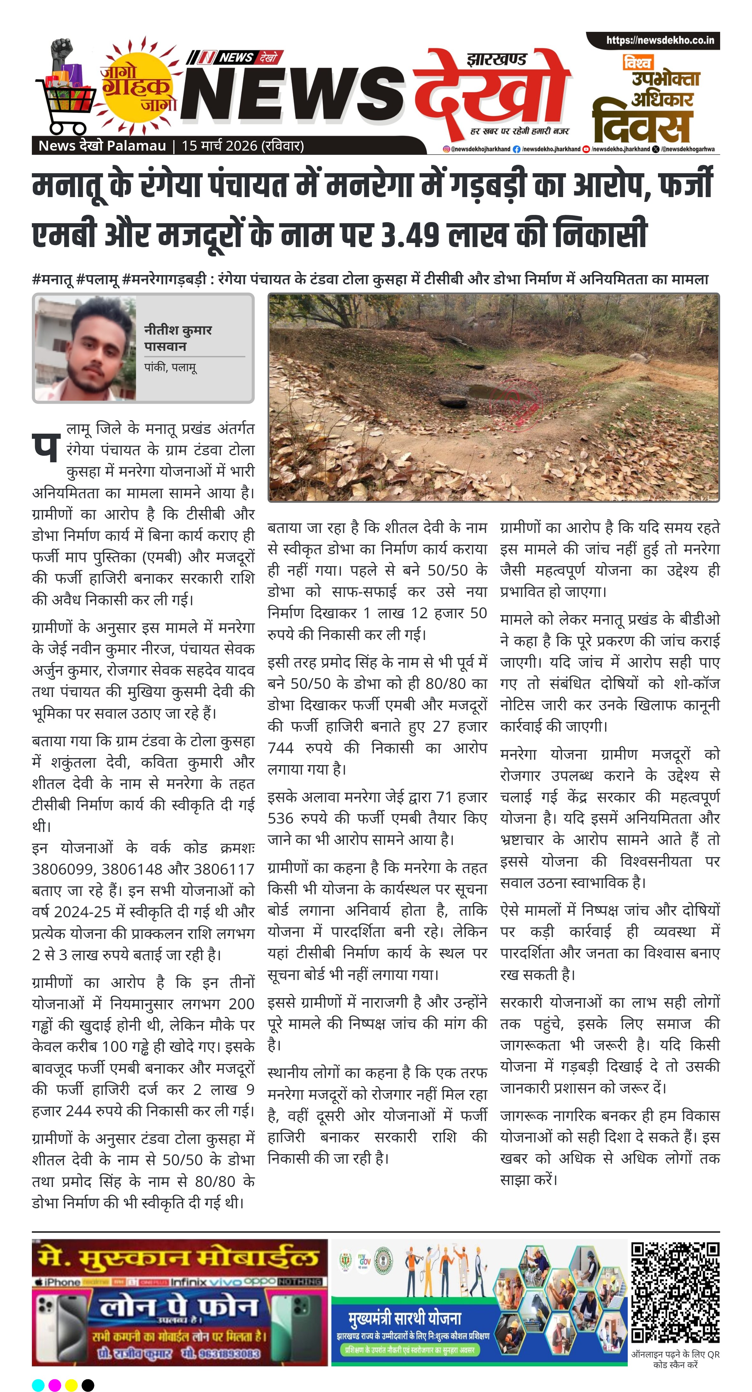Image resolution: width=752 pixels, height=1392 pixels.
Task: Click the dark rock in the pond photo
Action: [453, 401]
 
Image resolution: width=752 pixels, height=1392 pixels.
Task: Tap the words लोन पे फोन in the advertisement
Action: [178, 1308]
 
